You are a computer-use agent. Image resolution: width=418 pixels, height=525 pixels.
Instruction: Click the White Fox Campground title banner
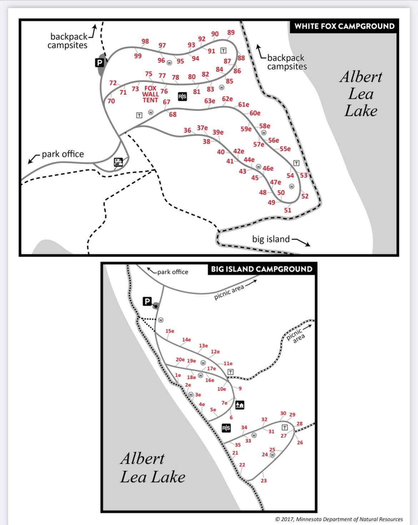point(344,26)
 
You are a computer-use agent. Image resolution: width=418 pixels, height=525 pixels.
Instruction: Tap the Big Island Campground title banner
point(262,269)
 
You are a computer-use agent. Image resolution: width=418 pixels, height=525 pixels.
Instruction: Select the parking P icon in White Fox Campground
point(99,63)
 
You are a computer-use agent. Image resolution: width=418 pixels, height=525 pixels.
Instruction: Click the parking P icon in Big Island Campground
point(147,301)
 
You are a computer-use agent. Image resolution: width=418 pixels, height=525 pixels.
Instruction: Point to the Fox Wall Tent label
point(150,94)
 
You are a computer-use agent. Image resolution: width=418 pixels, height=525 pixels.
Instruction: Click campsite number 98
point(145,41)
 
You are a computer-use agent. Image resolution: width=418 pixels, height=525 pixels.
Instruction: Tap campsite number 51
point(288,210)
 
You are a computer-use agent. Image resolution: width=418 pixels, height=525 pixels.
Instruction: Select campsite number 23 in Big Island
point(264,481)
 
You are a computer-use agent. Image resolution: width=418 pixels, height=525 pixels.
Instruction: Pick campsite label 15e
point(170,331)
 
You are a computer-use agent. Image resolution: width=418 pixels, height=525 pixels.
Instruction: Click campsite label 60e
point(255,113)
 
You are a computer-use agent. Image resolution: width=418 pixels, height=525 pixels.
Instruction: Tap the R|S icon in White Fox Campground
point(182,96)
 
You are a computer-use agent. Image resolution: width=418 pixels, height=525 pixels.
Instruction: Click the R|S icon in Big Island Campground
point(226,428)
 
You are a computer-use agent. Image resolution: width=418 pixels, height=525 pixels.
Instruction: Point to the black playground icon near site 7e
point(240,405)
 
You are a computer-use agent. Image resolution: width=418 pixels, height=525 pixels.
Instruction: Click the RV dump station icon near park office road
point(118,162)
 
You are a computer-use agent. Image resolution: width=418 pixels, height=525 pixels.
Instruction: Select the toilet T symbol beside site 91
point(223,50)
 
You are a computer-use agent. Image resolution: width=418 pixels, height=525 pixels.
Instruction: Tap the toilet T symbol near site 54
point(296,163)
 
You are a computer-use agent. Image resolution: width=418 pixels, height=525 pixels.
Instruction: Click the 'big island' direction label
point(271,239)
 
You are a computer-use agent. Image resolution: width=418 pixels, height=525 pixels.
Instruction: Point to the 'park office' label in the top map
point(63,154)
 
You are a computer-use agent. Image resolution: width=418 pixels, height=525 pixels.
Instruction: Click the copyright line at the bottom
point(339,519)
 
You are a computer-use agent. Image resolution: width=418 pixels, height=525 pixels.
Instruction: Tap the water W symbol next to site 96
point(169,63)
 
